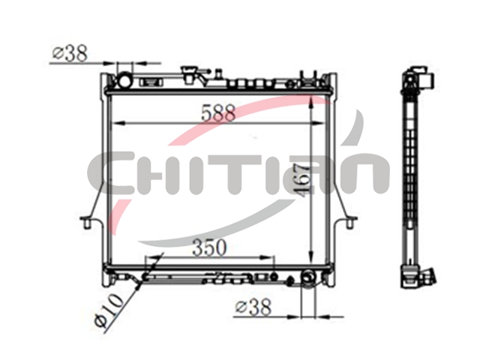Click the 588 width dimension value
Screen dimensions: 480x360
(x=218, y=112)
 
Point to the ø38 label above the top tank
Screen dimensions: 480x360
(x=70, y=53)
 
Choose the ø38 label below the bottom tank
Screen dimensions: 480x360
(x=253, y=307)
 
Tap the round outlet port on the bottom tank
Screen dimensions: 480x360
(x=307, y=277)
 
